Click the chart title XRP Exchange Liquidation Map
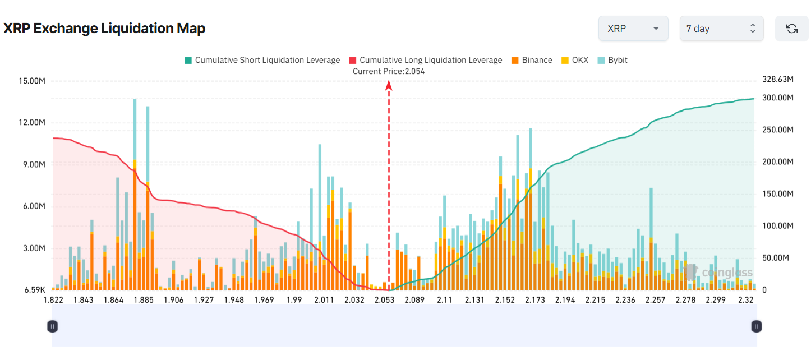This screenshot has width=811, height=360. pos(104,29)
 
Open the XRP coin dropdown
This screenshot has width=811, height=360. pos(633,29)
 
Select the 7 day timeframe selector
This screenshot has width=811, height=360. pos(721,29)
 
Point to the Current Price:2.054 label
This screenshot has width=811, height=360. pos(388,71)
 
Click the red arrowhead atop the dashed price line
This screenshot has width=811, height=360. pos(389,85)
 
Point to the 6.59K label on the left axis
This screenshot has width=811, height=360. pos(34,290)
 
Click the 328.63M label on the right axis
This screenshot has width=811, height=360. pos(777,80)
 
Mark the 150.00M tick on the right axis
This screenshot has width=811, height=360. pos(777,193)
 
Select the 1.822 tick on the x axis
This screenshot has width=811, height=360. pos(53,300)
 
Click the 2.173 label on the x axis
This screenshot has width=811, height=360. pos(535,300)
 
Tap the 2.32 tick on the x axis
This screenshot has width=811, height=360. pos(745,300)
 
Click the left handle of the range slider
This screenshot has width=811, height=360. pos(52,326)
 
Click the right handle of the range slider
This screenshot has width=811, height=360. pos(757,326)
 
